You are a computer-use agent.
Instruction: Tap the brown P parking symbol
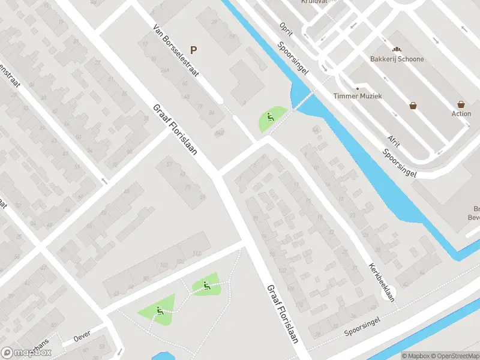tap(193, 50)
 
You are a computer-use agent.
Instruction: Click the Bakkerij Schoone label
tap(396, 59)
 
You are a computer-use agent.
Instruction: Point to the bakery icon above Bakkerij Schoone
tap(396, 49)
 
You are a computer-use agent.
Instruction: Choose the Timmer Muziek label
tap(358, 96)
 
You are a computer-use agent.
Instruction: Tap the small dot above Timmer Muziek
tap(358, 88)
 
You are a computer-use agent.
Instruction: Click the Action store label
tap(461, 113)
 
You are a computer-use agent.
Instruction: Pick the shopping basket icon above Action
tap(461, 104)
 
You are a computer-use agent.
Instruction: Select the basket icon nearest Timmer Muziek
tap(413, 106)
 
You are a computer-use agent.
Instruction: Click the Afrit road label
tap(393, 140)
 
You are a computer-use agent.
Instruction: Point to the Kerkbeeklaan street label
tap(382, 282)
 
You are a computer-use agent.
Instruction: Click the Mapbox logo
tap(26, 353)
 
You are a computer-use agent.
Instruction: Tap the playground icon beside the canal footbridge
tap(271, 118)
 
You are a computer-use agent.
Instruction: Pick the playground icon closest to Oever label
tap(160, 311)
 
